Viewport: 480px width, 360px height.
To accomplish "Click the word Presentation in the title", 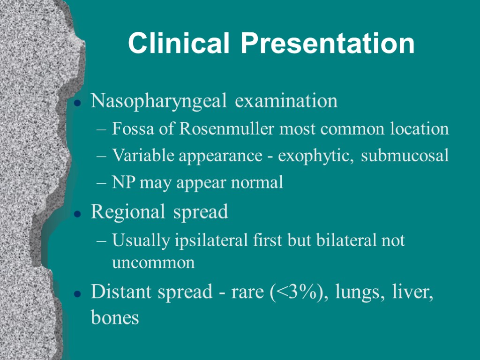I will (328, 44).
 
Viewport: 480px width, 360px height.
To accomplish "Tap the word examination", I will (286, 101).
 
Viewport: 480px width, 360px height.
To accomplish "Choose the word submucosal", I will (405, 156).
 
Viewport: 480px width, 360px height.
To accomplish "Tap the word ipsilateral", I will (206, 240).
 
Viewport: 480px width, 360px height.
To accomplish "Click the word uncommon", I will (153, 262).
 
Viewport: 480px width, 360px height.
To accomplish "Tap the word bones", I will (115, 318).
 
